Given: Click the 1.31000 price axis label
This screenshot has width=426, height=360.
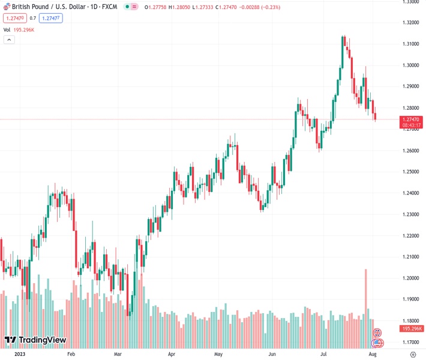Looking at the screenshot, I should (x=410, y=44).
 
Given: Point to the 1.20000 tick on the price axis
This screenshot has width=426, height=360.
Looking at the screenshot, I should (x=410, y=278).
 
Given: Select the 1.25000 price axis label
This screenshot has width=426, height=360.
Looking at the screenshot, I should (x=410, y=172).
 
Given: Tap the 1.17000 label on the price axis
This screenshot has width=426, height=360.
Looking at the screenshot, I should (x=410, y=342).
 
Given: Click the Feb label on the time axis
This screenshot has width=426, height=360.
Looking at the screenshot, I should (x=71, y=355).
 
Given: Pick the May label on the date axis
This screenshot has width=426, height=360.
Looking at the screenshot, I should (x=218, y=355).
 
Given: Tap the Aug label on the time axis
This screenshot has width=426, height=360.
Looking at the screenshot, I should (x=373, y=355).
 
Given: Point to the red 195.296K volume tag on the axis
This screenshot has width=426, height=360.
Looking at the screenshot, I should (x=412, y=329).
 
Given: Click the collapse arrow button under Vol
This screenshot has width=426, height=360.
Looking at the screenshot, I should (x=9, y=40).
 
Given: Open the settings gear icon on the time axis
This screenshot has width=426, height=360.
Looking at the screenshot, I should (x=413, y=355).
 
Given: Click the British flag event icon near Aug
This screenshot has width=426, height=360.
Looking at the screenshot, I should (x=377, y=332).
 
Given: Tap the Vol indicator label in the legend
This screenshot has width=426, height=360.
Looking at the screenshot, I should (x=7, y=29).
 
